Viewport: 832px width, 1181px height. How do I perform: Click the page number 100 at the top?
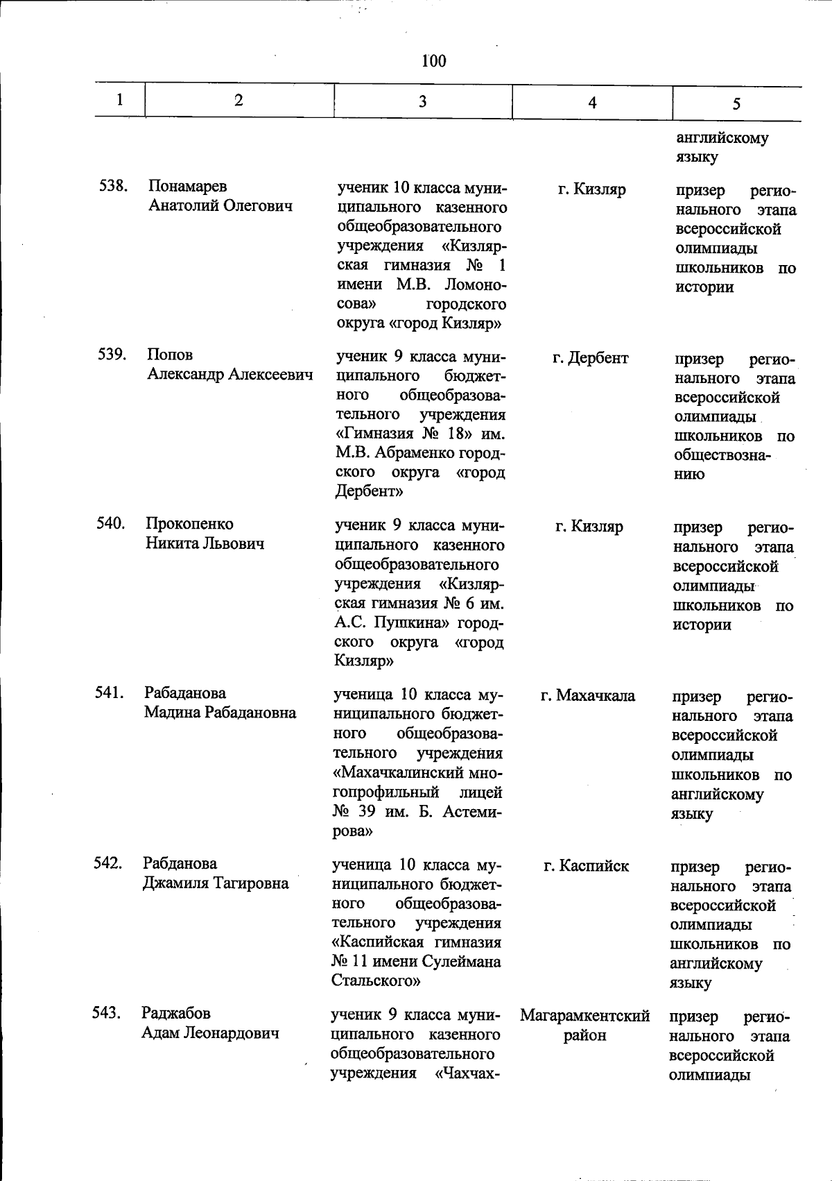433,61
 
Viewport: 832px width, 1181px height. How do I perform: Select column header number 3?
422,101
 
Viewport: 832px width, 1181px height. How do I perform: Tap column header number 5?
736,104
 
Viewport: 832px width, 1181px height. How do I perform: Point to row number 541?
109,692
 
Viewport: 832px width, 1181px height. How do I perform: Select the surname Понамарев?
187,187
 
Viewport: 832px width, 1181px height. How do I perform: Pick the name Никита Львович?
205,543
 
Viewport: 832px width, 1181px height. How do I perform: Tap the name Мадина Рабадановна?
220,713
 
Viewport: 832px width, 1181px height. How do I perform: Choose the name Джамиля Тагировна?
216,883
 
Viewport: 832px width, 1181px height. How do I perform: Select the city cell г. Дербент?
590,358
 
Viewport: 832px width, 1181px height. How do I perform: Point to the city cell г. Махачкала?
587,695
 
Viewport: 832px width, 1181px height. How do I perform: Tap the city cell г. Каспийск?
586,866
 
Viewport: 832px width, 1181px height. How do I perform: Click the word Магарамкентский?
584,1016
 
